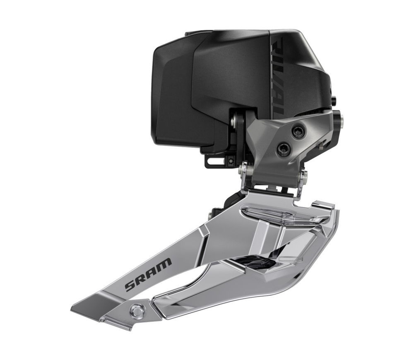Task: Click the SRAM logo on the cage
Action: (x=148, y=274)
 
